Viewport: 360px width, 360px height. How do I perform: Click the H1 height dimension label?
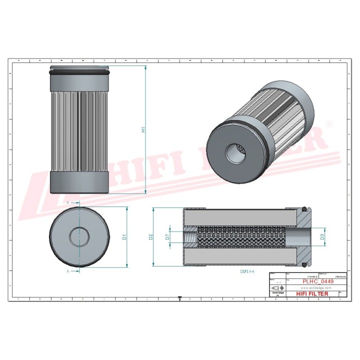(x=143, y=129)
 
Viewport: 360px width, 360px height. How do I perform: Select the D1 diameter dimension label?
(x=124, y=237)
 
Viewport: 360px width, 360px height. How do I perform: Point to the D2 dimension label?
(x=151, y=237)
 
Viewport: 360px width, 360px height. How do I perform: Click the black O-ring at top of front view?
(x=79, y=73)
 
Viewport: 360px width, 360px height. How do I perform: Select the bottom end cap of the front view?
(x=79, y=182)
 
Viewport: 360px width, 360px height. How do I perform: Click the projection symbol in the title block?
(x=276, y=288)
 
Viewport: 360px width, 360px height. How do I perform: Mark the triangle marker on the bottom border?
(x=179, y=299)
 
